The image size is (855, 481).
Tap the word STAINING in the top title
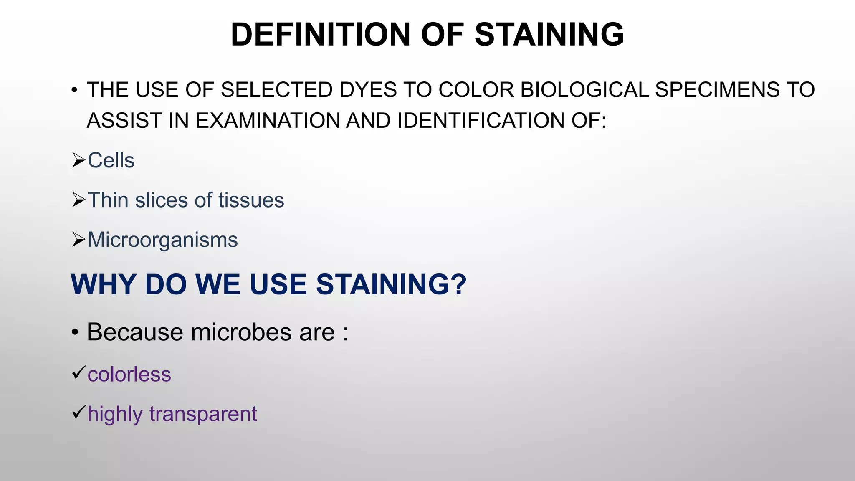click(x=549, y=34)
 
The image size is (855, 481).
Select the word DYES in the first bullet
click(x=368, y=90)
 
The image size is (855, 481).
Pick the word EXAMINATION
click(x=267, y=121)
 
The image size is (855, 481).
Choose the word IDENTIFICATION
click(x=480, y=121)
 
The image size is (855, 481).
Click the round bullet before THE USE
click(x=74, y=90)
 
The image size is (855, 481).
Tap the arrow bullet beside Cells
click(x=78, y=160)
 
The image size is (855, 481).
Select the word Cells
click(x=111, y=160)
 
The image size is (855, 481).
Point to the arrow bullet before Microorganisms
click(x=78, y=240)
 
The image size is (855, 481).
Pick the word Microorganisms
click(x=163, y=240)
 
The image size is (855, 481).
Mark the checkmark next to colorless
click(x=78, y=372)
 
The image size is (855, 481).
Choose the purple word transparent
click(x=203, y=414)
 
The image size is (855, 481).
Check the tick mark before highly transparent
click(x=78, y=412)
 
